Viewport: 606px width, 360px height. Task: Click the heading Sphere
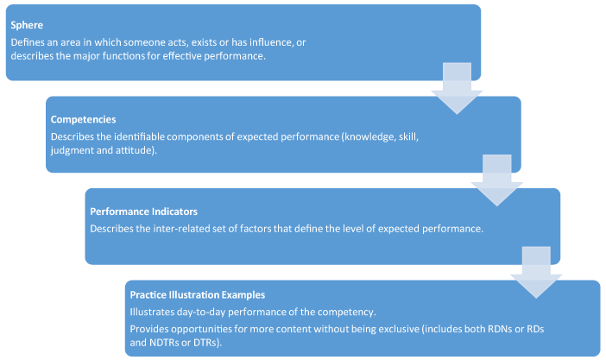(27, 25)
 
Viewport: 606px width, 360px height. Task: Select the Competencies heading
(83, 119)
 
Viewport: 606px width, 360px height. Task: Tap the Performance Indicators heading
(144, 212)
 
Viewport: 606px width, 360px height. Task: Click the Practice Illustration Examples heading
(198, 294)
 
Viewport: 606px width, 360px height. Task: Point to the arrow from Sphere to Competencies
(457, 88)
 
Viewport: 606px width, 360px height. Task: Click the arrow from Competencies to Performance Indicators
(497, 180)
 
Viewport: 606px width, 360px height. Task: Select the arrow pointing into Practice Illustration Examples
(536, 272)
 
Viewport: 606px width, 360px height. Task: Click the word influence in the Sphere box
(270, 42)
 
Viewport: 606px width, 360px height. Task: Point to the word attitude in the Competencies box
(136, 150)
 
